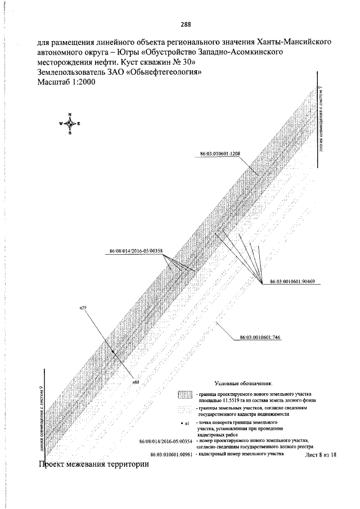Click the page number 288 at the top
coord(186,24)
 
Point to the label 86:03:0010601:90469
coord(292,281)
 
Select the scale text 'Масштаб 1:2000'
coord(65,82)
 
